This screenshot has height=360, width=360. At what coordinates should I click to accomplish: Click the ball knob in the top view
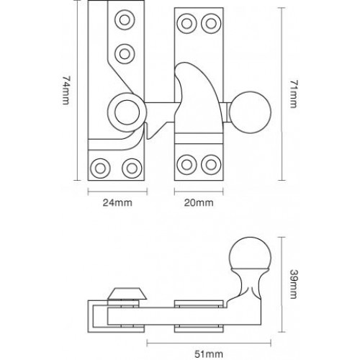pos(254,109)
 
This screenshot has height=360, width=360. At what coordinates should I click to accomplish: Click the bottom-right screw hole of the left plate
pos(132,167)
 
